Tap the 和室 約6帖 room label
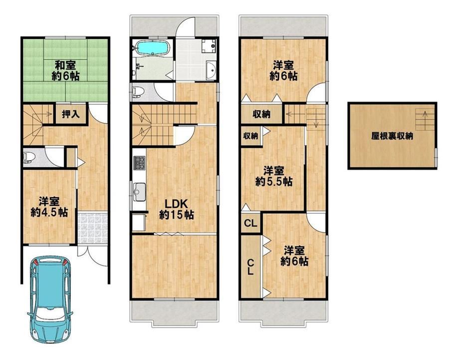pyautogui.click(x=65, y=70)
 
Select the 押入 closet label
pyautogui.click(x=71, y=114)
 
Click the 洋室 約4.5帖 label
pyautogui.click(x=49, y=207)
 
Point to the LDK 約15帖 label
pyautogui.click(x=176, y=209)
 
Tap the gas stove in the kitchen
pyautogui.click(x=139, y=163)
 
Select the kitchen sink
pyautogui.click(x=139, y=192)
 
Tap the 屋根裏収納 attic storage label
pyautogui.click(x=392, y=136)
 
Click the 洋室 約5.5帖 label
pyautogui.click(x=274, y=176)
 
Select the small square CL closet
pyautogui.click(x=250, y=223)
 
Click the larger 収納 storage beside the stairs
pyautogui.click(x=262, y=114)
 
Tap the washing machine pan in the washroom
pyautogui.click(x=209, y=45)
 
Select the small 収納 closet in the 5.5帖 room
pyautogui.click(x=250, y=136)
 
